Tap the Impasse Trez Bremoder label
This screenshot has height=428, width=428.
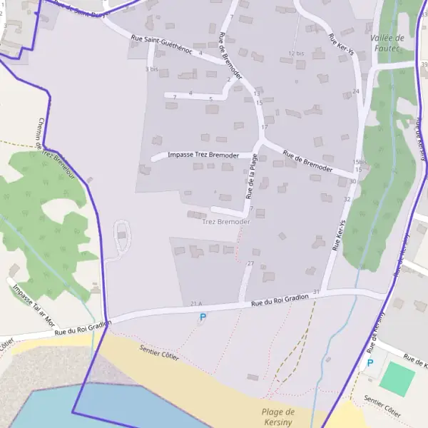pos(203,155)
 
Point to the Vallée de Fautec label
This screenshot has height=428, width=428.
pos(387,44)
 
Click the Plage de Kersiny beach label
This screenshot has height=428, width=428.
pos(278,417)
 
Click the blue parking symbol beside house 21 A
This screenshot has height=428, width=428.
pos(203,317)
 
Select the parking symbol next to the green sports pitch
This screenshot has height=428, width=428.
pos(370,363)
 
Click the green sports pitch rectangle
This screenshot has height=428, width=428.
pos(397,379)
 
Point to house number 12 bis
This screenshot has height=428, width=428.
pos(296,53)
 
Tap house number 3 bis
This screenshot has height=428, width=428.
pos(151,69)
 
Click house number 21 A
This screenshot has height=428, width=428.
pos(197,305)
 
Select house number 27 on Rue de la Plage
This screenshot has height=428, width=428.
pos(250,264)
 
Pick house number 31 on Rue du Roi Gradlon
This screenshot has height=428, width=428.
pos(316,292)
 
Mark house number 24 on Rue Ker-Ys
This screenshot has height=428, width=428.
pos(355,91)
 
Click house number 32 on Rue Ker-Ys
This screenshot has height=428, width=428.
pos(347,199)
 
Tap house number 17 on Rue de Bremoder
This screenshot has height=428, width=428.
pos(264,127)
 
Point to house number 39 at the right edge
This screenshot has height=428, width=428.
pos(424,65)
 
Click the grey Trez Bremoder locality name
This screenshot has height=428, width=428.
pos(226,222)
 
